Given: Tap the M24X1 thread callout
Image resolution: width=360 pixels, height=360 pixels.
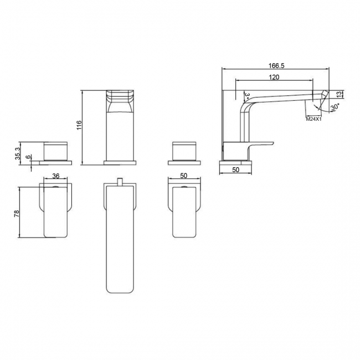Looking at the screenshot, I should tap(314, 118).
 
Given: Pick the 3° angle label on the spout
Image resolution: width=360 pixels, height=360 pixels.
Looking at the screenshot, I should tap(246, 96).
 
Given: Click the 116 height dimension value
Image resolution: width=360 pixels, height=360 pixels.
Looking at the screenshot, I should tap(79, 126).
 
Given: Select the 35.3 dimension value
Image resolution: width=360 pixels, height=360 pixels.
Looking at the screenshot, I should tap(18, 152).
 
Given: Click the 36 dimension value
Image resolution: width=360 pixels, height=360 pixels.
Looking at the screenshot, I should tap(55, 176).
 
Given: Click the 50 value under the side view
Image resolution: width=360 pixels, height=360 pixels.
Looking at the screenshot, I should tap(236, 170).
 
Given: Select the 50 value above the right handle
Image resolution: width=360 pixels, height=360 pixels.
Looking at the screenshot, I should tap(184, 176).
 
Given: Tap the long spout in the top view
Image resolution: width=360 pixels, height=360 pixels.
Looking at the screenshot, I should tap(120, 238).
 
